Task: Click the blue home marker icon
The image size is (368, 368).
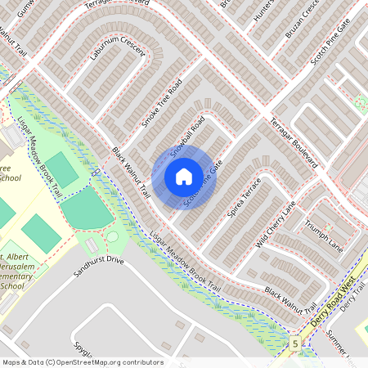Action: (x=184, y=176)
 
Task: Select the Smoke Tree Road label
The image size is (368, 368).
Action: (x=161, y=103)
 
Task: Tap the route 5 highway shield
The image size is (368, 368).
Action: (x=295, y=344)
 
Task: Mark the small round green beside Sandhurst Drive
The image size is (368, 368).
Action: (x=112, y=237)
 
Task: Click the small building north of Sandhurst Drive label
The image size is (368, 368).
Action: (x=92, y=244)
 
